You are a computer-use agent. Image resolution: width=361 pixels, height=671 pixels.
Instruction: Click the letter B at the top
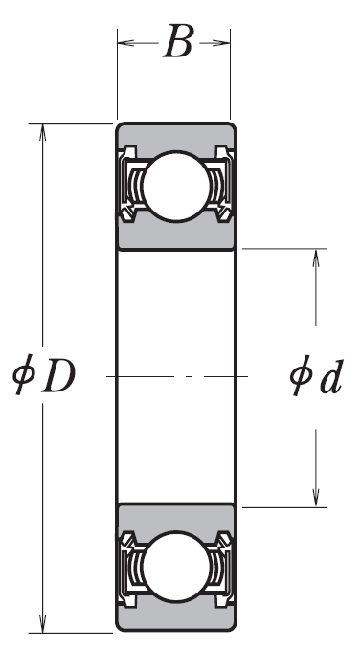pyautogui.click(x=177, y=43)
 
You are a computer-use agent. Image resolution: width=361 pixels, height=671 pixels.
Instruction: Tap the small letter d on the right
pyautogui.click(x=330, y=377)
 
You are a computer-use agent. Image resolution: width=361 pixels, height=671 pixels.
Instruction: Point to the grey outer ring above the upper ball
pyautogui.click(x=175, y=136)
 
